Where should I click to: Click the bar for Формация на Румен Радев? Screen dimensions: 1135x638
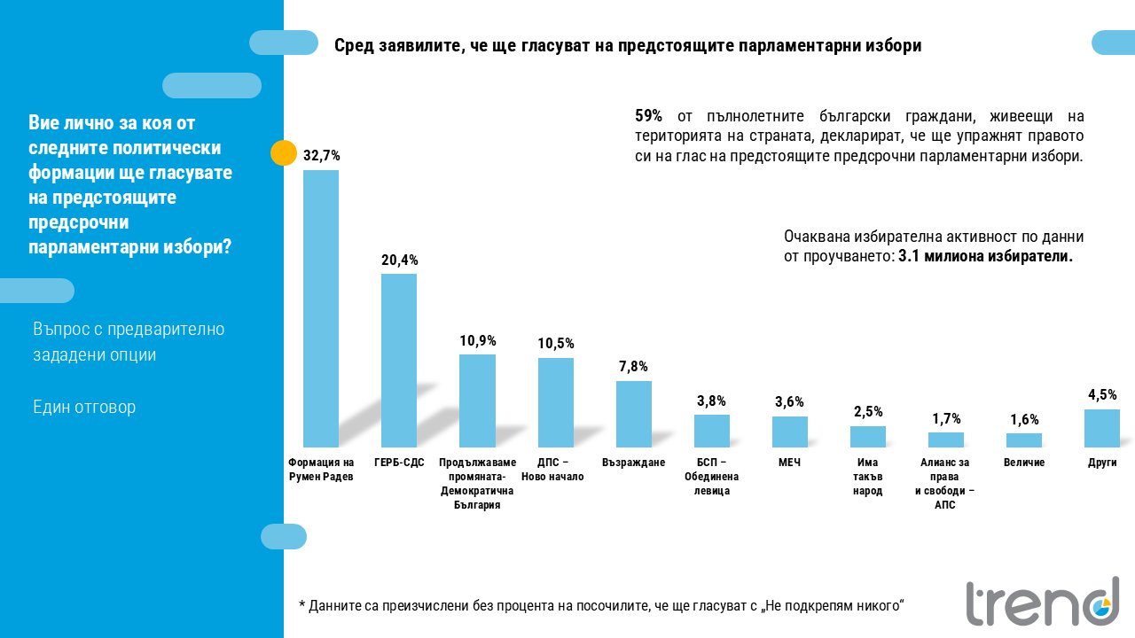click(x=321, y=308)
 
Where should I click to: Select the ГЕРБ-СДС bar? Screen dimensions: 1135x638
click(x=399, y=361)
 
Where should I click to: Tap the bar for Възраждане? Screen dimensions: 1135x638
click(x=633, y=414)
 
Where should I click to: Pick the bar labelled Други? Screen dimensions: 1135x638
click(x=1102, y=428)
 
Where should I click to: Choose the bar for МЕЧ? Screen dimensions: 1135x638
click(x=789, y=432)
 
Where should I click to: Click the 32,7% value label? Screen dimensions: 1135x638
click(x=321, y=155)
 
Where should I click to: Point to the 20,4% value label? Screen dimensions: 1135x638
click(x=399, y=261)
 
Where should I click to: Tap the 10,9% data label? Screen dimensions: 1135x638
click(x=477, y=341)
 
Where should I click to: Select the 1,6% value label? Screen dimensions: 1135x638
click(x=1024, y=419)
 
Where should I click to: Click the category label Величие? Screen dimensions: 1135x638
click(x=1024, y=463)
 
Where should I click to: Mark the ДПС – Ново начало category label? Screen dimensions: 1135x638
click(x=552, y=470)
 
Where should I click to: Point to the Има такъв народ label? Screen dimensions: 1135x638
click(x=867, y=477)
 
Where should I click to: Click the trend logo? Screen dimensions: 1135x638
click(x=1043, y=602)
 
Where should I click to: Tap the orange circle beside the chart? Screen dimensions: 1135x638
click(x=283, y=153)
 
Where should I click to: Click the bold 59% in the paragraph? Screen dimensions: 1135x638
click(x=648, y=116)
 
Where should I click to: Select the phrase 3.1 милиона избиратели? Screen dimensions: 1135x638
click(x=985, y=256)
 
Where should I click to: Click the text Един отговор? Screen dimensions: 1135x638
click(x=84, y=407)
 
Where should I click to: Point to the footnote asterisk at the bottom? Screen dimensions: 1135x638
click(x=302, y=603)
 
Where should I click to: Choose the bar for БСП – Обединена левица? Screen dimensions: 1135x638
click(x=711, y=431)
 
